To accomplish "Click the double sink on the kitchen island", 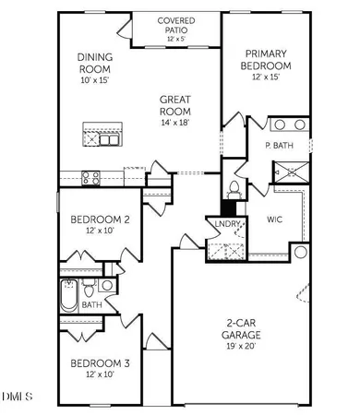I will [x=108, y=136].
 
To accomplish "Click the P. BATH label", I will [x=280, y=146].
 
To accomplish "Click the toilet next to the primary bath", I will [x=234, y=190].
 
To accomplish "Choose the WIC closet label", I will [x=274, y=219].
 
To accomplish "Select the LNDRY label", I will [x=227, y=224].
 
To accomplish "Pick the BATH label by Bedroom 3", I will [x=91, y=303].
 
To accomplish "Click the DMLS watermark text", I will [x=16, y=397].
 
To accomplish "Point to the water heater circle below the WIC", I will [x=301, y=252].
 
